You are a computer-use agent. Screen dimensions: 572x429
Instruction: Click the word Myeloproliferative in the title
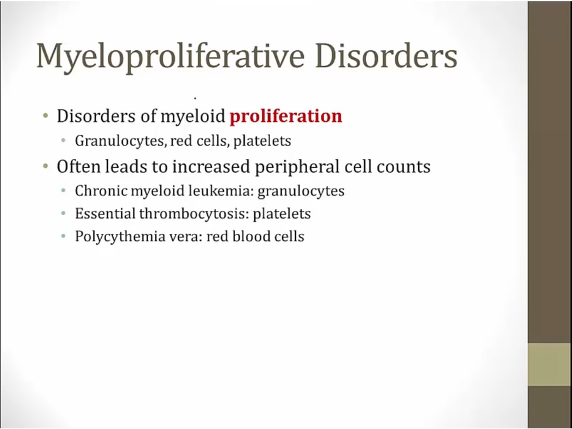tap(170, 57)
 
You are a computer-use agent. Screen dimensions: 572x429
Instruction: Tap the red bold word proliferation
tap(286, 117)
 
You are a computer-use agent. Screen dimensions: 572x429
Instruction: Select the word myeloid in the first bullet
tap(193, 117)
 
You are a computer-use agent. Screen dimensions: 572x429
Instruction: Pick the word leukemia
tap(221, 191)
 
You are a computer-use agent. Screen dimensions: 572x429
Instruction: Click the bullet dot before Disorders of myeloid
tap(46, 117)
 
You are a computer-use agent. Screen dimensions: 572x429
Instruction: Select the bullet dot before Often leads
tap(46, 167)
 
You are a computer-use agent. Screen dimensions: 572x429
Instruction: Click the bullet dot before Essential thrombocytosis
tap(64, 214)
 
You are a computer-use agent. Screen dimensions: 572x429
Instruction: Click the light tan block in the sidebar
tap(550, 364)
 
